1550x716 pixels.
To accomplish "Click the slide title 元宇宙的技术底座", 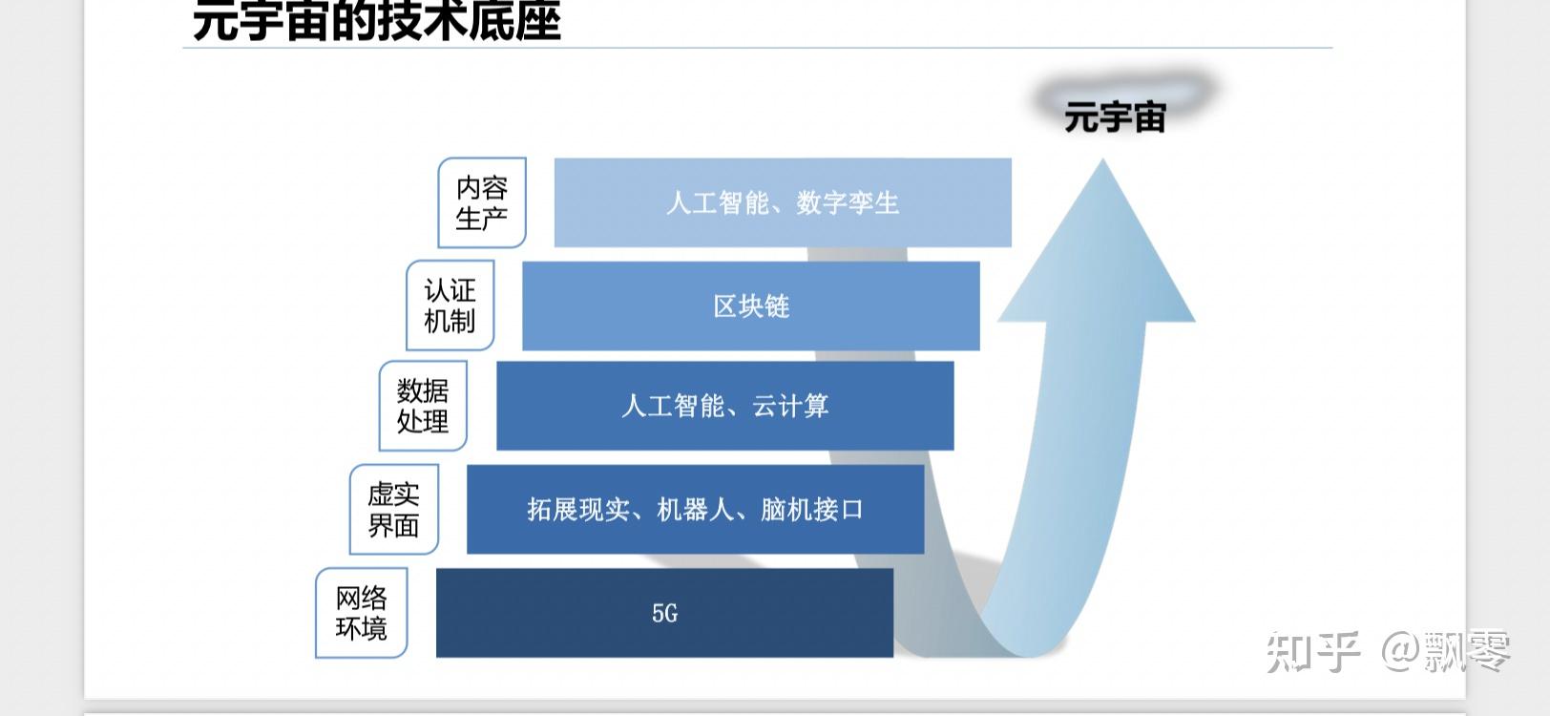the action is point(376,21).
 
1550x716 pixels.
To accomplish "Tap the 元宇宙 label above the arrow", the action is point(1115,118).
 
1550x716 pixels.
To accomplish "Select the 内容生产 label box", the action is point(482,202).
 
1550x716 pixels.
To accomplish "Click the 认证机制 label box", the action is point(450,305).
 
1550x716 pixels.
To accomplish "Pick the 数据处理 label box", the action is point(423,406).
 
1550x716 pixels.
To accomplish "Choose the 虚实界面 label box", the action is point(393,509).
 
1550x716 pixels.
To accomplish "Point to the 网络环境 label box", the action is point(361,613).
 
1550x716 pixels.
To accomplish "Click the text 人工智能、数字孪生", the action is point(783,202).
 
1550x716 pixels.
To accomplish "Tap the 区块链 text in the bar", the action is point(751,305).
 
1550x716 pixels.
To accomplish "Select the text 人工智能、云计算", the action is point(724,406).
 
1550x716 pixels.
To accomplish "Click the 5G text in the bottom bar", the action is point(664,613).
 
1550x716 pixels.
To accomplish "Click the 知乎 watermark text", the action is point(1313,651).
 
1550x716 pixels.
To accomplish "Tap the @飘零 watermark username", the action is point(1445,651).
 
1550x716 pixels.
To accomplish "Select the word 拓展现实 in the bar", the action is point(577,510).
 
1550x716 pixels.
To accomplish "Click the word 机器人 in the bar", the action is point(695,510).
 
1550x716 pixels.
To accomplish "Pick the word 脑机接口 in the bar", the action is point(811,510).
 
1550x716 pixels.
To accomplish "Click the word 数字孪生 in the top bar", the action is point(848,202).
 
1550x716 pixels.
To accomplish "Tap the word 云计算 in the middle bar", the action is point(790,406).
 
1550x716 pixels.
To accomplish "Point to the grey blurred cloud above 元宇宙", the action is point(1126,91).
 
